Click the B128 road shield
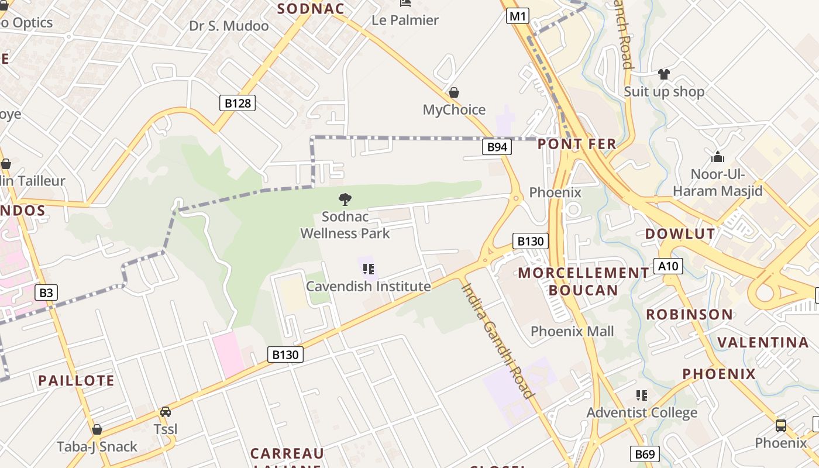point(238,104)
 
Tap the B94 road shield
point(497,147)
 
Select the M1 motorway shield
point(517,16)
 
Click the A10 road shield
point(667,266)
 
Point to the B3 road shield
point(46,292)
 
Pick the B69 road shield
point(645,454)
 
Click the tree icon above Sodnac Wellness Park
point(345,199)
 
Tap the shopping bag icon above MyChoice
point(454,92)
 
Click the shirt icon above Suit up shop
point(663,74)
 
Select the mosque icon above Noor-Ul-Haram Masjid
point(718,157)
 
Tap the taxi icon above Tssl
point(166,412)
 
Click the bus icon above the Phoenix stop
point(780,425)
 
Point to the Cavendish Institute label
point(369,286)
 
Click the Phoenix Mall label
point(572,331)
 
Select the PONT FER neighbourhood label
point(577,144)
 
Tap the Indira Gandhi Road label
point(497,340)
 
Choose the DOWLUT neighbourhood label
point(680,234)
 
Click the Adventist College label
point(642,412)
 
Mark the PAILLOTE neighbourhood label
point(76,380)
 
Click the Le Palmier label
point(405,20)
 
